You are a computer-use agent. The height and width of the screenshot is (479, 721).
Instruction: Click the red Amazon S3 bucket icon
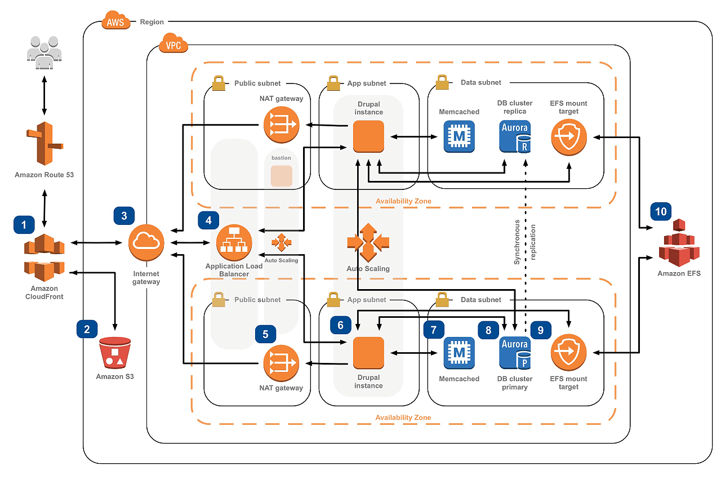pyautogui.click(x=115, y=353)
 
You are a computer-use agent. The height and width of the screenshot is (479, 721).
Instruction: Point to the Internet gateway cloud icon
pyautogui.click(x=146, y=242)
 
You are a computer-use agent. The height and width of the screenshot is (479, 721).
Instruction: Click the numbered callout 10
pyautogui.click(x=661, y=211)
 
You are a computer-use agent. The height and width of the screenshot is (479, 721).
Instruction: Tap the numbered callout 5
pyautogui.click(x=265, y=334)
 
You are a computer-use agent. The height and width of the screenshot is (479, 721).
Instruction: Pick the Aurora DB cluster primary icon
pyautogui.click(x=515, y=352)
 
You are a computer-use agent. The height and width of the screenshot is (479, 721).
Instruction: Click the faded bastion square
pyautogui.click(x=282, y=176)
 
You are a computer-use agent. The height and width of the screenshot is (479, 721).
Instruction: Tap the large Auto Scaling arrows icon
pyautogui.click(x=368, y=242)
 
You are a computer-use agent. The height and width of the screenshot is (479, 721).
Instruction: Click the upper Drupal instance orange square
pyautogui.click(x=368, y=136)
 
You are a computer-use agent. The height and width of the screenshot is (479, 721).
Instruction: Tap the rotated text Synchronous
pyautogui.click(x=517, y=242)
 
